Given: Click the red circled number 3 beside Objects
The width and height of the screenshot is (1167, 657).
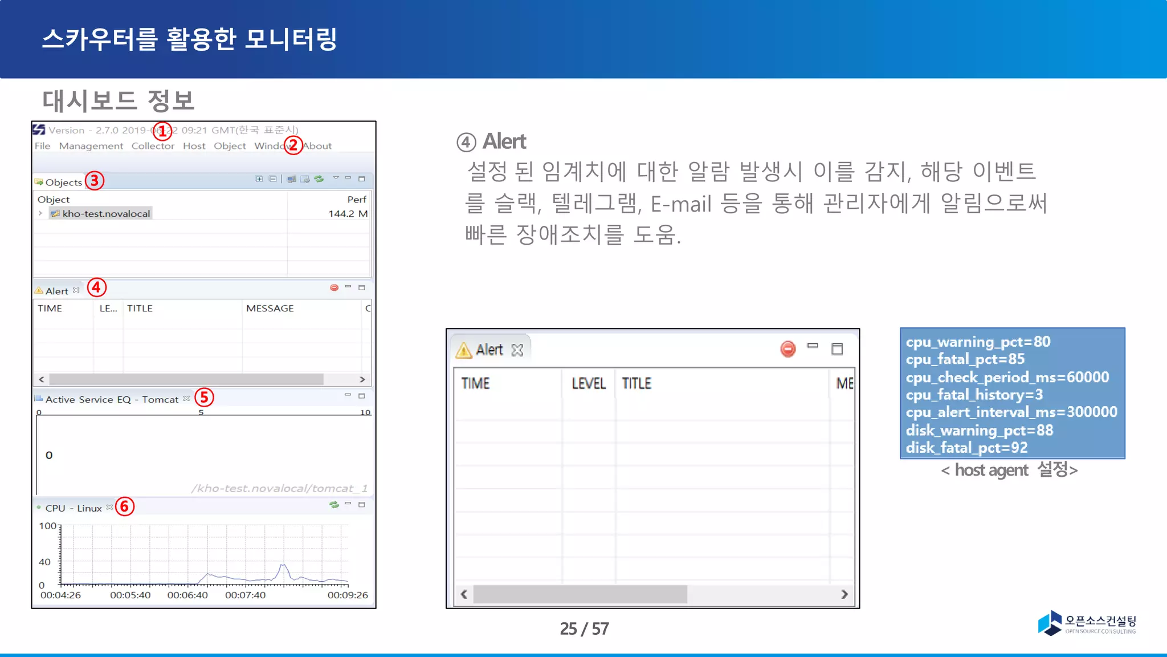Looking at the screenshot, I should point(95,181).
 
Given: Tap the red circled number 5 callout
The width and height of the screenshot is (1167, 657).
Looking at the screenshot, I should point(204,398).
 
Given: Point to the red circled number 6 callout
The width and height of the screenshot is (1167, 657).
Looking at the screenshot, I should point(125,506).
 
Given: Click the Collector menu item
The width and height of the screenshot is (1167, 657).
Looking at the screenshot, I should point(153,146).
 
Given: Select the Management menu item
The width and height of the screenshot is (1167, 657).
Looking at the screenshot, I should point(91,146).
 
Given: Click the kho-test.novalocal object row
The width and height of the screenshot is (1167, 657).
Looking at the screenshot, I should point(106,214).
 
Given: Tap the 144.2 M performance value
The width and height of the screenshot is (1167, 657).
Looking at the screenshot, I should point(348,214).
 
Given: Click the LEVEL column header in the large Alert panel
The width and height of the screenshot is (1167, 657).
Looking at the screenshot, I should point(589,383).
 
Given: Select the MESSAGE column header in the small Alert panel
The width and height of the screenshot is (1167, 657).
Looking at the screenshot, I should point(270,309).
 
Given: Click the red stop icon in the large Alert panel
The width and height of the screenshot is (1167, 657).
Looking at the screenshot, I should point(787,349).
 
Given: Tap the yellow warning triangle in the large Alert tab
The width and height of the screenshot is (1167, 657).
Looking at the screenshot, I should point(464,350).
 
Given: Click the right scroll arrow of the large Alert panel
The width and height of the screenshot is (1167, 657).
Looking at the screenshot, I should point(844,594).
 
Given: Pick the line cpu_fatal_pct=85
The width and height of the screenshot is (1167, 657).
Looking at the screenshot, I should point(965,359).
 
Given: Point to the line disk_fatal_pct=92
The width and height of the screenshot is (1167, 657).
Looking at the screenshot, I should point(966,448).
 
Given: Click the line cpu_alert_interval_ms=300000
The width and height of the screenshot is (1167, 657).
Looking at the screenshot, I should point(1011,412).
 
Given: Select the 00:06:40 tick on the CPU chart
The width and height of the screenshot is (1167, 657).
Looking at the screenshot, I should point(187,595).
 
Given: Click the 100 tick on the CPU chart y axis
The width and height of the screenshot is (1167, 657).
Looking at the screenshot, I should point(47,526).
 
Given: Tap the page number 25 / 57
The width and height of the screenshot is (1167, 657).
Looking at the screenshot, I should point(584,628).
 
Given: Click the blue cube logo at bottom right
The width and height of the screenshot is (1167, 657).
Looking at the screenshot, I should point(1050,623).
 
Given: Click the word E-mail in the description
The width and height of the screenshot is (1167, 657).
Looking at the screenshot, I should point(681,204).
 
